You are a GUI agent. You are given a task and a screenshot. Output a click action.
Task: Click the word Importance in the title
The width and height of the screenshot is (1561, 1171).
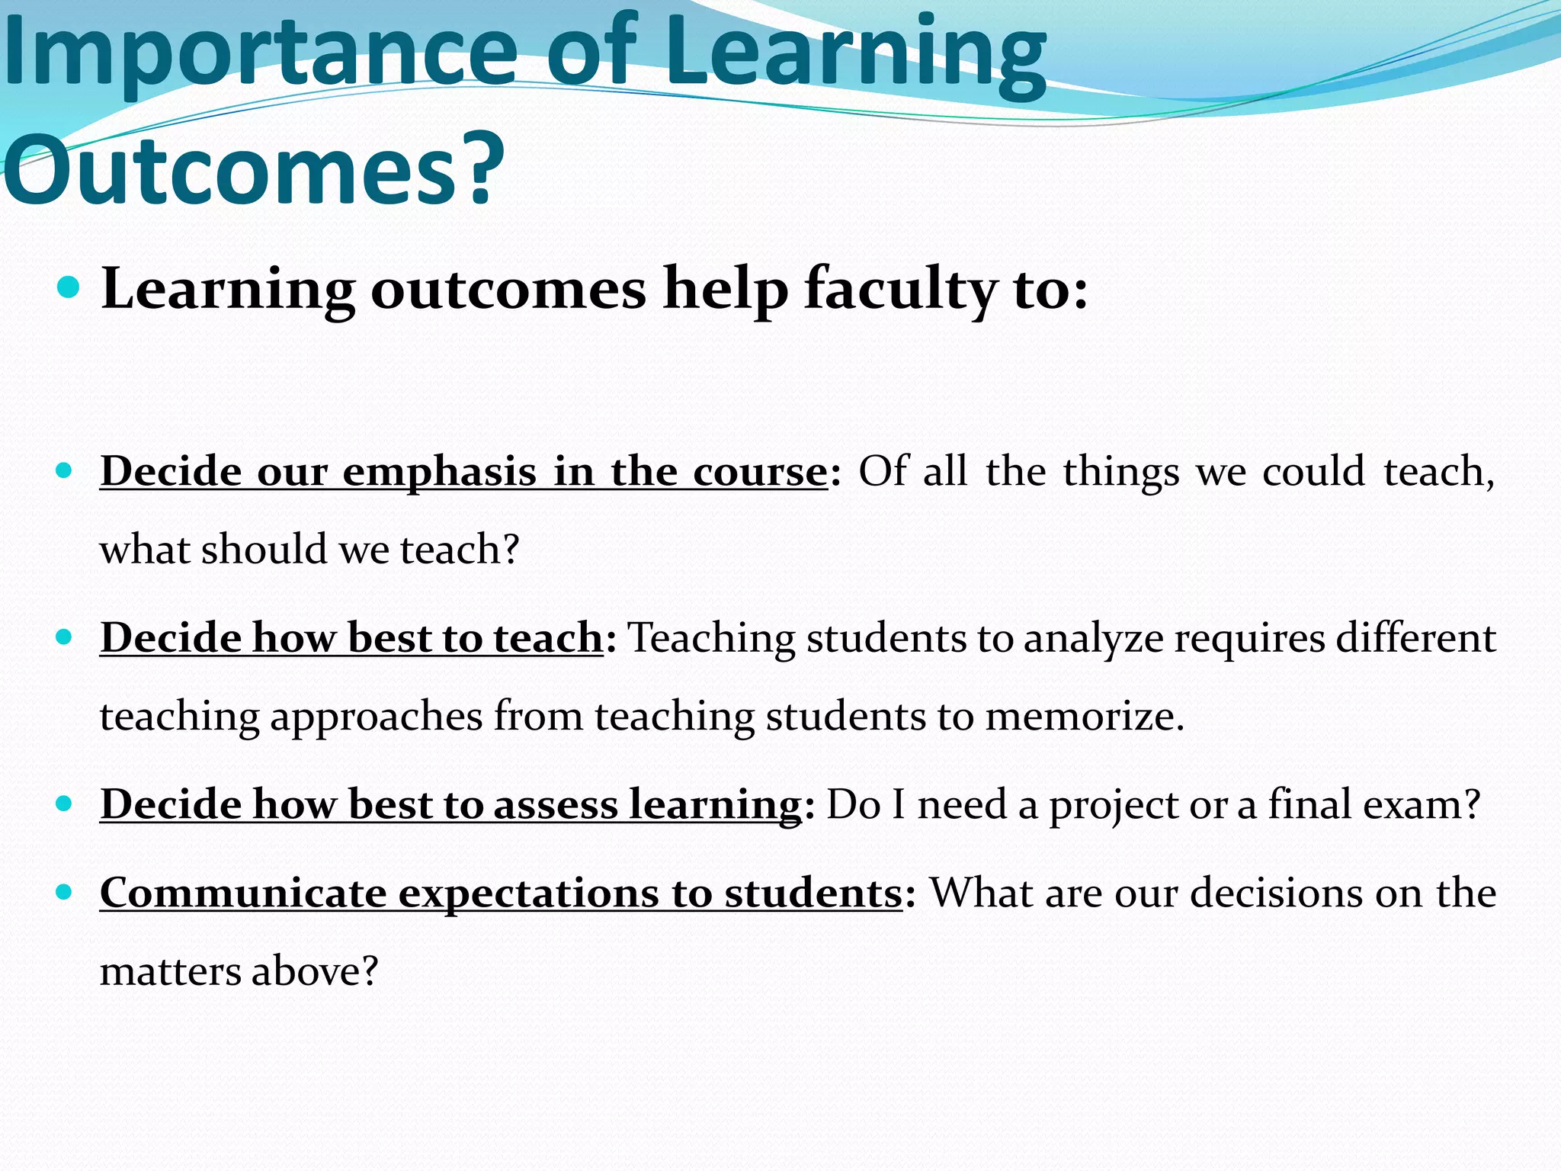259,53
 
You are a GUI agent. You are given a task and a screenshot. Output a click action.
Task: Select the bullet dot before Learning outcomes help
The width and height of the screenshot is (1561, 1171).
69,288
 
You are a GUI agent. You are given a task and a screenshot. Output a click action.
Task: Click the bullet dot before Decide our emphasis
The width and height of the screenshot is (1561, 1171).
65,470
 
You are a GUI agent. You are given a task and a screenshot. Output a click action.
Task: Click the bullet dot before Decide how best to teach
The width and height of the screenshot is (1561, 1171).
65,637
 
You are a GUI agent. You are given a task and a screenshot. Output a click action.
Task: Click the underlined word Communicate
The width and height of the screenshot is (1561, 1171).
243,893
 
